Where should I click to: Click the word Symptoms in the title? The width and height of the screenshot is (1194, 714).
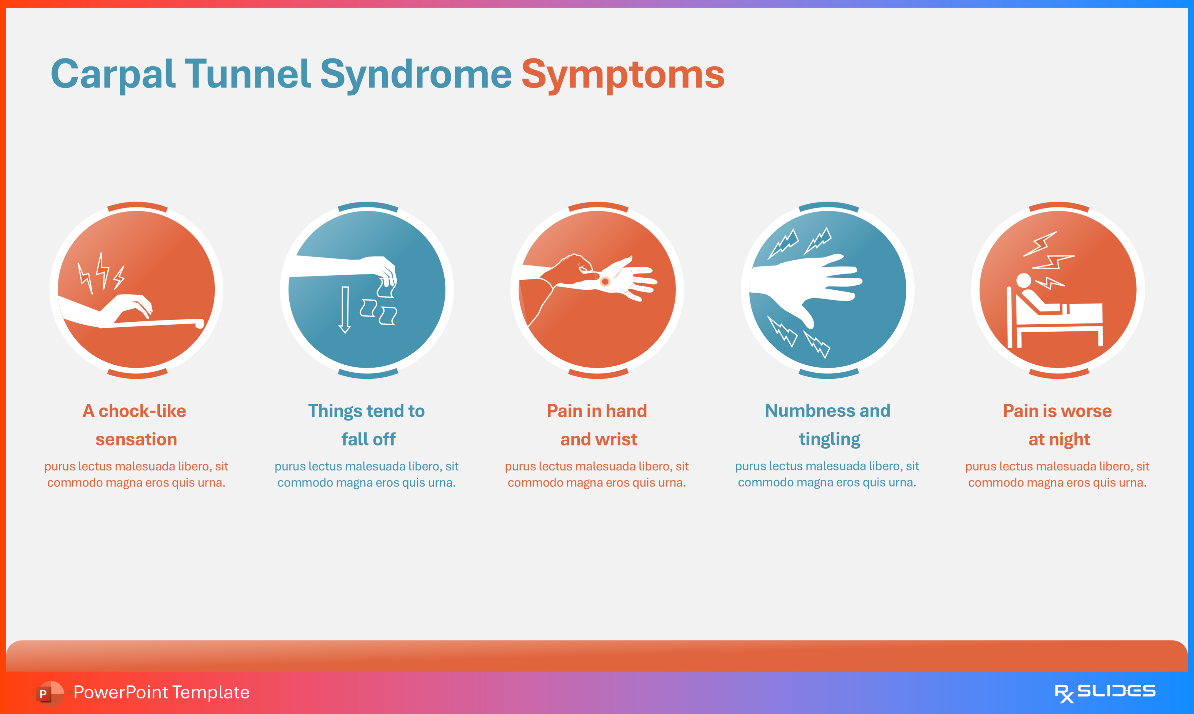pyautogui.click(x=623, y=75)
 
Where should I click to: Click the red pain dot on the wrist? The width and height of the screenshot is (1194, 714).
pyautogui.click(x=605, y=281)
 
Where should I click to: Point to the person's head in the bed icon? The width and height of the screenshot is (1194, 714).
pyautogui.click(x=1023, y=281)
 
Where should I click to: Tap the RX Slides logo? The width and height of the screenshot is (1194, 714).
pyautogui.click(x=1105, y=693)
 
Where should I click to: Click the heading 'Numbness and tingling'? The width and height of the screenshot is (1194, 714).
pyautogui.click(x=828, y=425)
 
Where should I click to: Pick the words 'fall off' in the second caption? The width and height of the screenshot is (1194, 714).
pyautogui.click(x=368, y=439)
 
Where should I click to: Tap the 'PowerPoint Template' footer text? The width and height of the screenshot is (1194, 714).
pyautogui.click(x=161, y=692)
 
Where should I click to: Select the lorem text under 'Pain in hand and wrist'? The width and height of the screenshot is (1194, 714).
pyautogui.click(x=597, y=475)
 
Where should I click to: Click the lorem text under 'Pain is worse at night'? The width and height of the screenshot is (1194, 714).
pyautogui.click(x=1057, y=475)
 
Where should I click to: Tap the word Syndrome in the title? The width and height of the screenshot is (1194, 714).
pyautogui.click(x=416, y=75)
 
